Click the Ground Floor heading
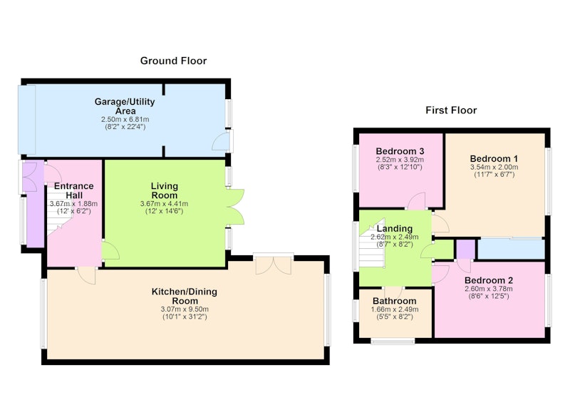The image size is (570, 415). [x=173, y=61]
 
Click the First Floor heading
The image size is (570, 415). [x=451, y=111]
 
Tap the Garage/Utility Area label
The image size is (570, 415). [x=125, y=106]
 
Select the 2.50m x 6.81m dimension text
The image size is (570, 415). [x=125, y=119]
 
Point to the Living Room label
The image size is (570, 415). [x=165, y=190]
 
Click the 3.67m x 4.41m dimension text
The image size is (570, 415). [x=165, y=204]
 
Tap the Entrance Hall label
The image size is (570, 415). [x=74, y=190]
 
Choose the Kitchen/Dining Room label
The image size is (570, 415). [x=185, y=296]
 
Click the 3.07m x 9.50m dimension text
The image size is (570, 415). [x=185, y=309]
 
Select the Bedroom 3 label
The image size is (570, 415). [x=400, y=151]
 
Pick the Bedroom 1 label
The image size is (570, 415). [x=494, y=158]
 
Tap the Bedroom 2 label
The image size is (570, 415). [x=489, y=280]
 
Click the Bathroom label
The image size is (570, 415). [x=395, y=301]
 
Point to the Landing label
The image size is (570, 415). [x=395, y=229]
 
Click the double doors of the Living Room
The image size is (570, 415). [x=235, y=207]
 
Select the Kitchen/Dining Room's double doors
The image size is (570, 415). [x=274, y=265]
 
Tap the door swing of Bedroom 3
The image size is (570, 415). [x=416, y=201]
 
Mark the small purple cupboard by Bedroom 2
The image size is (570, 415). [x=466, y=249]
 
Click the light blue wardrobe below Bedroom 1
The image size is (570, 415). [x=511, y=249]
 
